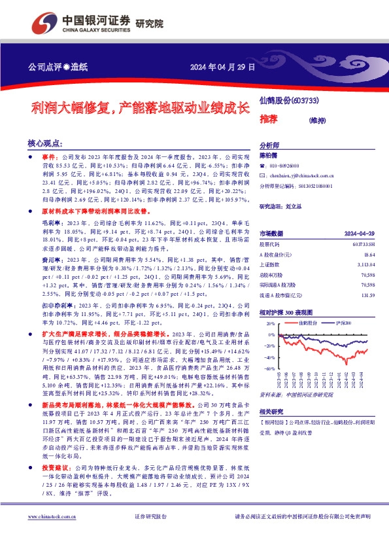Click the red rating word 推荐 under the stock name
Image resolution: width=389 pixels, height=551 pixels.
coord(268,120)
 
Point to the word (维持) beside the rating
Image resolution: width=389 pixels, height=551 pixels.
coord(319,120)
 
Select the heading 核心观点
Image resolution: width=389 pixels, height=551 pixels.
coord(45,142)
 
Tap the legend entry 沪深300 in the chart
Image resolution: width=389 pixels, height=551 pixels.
coord(343,323)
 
